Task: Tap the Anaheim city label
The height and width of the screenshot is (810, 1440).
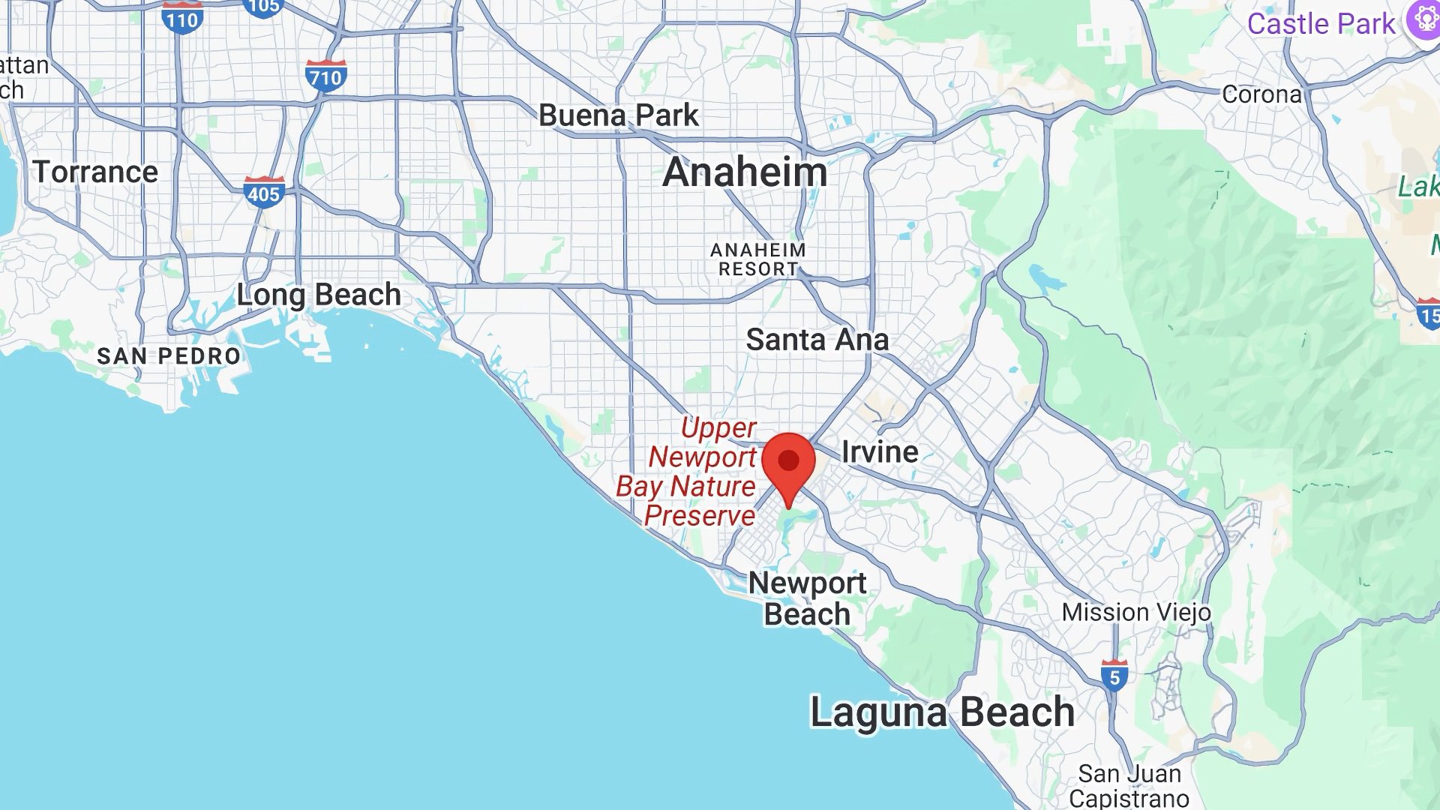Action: (x=745, y=172)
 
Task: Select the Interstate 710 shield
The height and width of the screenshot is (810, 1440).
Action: (x=325, y=76)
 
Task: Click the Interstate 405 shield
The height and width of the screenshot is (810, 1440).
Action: (x=264, y=193)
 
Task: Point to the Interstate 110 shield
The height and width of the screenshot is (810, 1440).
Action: (x=182, y=18)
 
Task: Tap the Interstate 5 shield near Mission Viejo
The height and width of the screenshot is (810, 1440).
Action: (x=1114, y=676)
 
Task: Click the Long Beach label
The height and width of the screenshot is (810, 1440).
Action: (x=319, y=295)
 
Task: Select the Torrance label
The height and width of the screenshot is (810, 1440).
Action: (x=96, y=172)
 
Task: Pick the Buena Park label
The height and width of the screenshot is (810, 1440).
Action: (x=619, y=115)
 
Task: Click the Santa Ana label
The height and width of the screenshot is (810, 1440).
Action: (x=817, y=340)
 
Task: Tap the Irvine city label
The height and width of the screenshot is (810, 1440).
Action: (x=880, y=451)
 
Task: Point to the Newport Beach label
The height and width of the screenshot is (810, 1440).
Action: (x=807, y=598)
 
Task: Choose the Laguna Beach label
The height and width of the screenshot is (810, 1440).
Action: (x=942, y=712)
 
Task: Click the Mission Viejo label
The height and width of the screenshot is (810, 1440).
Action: (x=1136, y=612)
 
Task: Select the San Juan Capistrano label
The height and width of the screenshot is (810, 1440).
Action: (x=1129, y=785)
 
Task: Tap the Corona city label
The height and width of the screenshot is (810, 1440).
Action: (x=1261, y=94)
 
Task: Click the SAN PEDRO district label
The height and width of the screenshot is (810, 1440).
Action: (x=169, y=355)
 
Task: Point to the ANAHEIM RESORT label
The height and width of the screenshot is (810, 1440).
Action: (x=758, y=259)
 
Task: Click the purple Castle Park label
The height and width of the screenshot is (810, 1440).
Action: (x=1321, y=24)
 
